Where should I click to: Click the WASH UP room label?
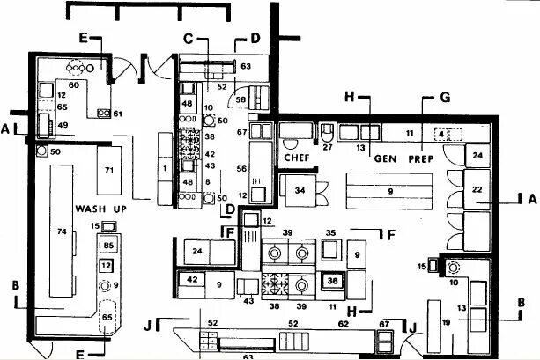tap(92, 209)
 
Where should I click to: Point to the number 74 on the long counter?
tap(62, 231)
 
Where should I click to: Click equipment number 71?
tap(109, 168)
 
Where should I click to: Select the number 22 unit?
tap(477, 188)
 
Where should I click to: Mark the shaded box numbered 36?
tap(332, 281)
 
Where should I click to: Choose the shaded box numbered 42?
tap(193, 280)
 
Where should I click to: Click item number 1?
tap(164, 167)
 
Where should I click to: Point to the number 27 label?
tap(327, 149)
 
